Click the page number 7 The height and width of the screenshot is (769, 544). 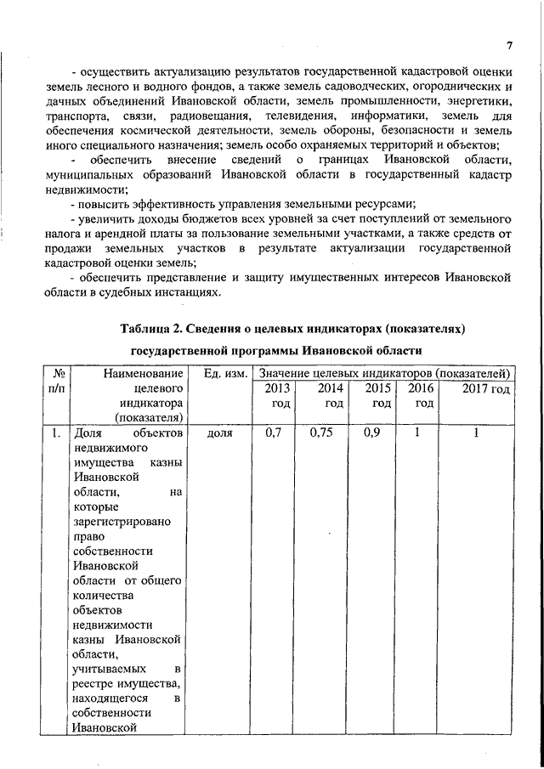[x=508, y=45]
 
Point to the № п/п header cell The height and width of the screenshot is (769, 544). [x=59, y=381]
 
